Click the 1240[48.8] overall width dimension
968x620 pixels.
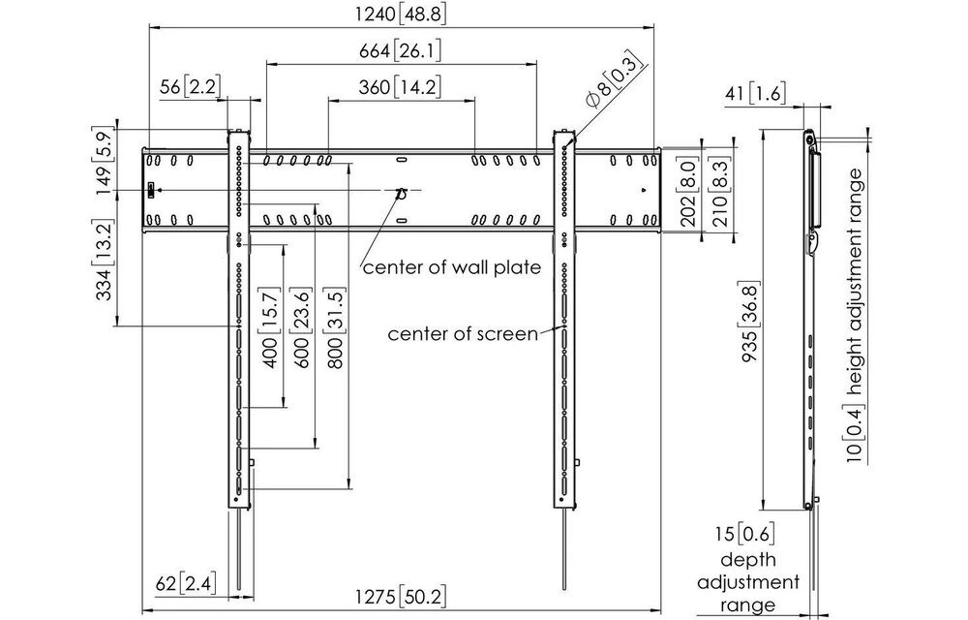click(402, 15)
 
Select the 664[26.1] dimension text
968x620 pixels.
click(402, 50)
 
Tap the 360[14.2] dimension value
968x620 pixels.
click(402, 86)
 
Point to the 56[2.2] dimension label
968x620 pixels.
click(189, 86)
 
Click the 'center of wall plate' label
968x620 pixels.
click(451, 266)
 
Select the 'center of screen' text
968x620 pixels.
click(463, 334)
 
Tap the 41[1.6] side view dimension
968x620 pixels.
click(754, 93)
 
